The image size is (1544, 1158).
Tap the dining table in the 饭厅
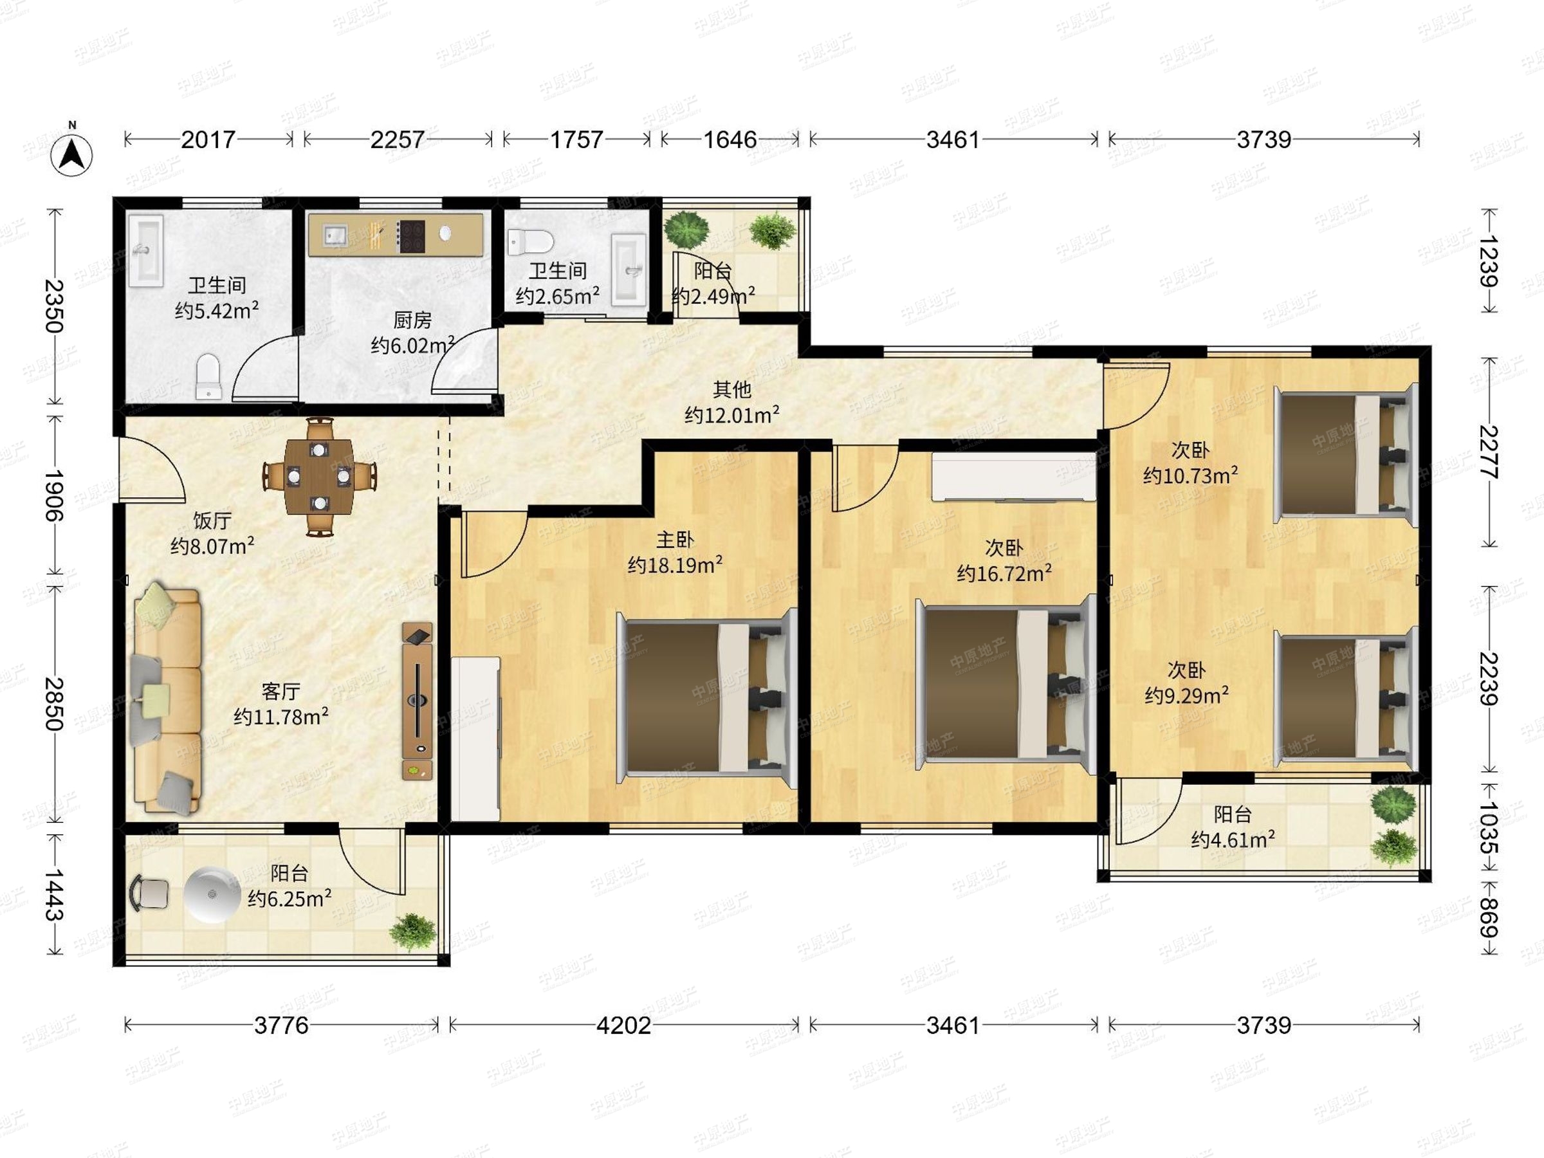(320, 476)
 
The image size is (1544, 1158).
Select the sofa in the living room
(167, 701)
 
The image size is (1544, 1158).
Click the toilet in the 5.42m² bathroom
(208, 377)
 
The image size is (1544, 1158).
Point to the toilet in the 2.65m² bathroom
(530, 241)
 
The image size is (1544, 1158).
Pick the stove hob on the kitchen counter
(411, 236)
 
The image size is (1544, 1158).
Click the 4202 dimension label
(623, 1025)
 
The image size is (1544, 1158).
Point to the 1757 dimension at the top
(576, 140)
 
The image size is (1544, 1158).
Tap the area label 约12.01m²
(731, 416)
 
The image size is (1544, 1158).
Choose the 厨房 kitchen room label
(412, 320)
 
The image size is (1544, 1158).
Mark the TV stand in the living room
(418, 700)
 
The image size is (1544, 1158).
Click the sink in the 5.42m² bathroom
(146, 250)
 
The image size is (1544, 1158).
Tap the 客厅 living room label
(280, 691)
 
